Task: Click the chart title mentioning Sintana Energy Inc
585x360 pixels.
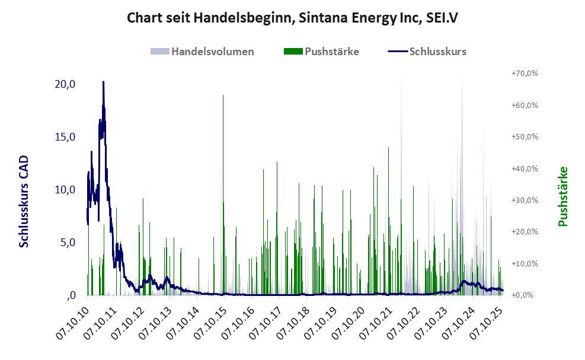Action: (x=292, y=18)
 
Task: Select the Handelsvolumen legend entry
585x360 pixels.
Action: (x=203, y=52)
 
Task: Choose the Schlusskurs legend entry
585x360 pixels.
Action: (x=427, y=52)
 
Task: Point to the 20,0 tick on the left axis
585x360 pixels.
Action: (x=65, y=84)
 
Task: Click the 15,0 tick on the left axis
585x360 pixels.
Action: (x=65, y=137)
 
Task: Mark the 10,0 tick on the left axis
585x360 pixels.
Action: (x=65, y=190)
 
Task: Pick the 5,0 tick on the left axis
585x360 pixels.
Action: (x=67, y=243)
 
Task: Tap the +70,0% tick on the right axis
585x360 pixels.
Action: (x=524, y=74)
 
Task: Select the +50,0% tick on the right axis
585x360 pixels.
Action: (x=524, y=137)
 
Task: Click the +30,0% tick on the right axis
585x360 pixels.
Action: (x=524, y=200)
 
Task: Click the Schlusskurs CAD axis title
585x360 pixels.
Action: (x=24, y=202)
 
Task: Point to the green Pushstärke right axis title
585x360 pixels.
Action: (x=562, y=196)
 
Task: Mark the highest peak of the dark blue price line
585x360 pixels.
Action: (x=103, y=82)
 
